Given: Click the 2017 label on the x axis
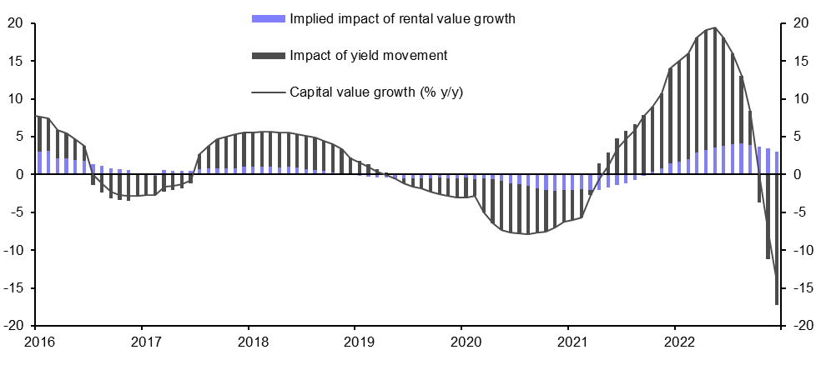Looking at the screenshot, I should click(x=145, y=342).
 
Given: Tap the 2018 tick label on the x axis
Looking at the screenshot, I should click(x=253, y=342).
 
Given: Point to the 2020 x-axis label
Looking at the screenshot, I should click(x=466, y=342).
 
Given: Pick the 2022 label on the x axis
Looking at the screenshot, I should click(x=680, y=342).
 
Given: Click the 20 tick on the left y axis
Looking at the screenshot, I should click(x=14, y=22).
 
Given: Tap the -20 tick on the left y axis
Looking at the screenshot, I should click(x=12, y=326).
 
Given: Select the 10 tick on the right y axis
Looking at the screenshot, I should click(x=796, y=98).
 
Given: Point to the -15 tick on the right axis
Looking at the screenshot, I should click(x=798, y=288).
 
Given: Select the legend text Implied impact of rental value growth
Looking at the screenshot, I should click(x=401, y=18).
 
